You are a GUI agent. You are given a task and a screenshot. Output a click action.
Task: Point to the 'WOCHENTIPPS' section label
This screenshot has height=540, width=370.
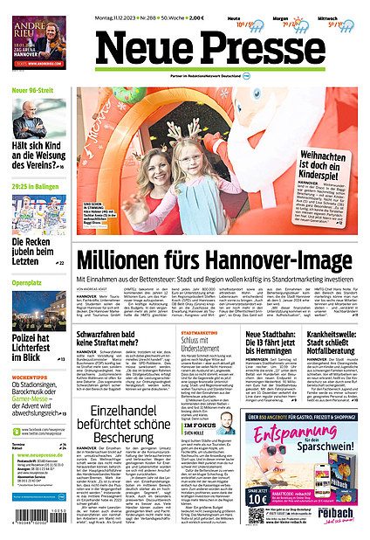28,353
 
